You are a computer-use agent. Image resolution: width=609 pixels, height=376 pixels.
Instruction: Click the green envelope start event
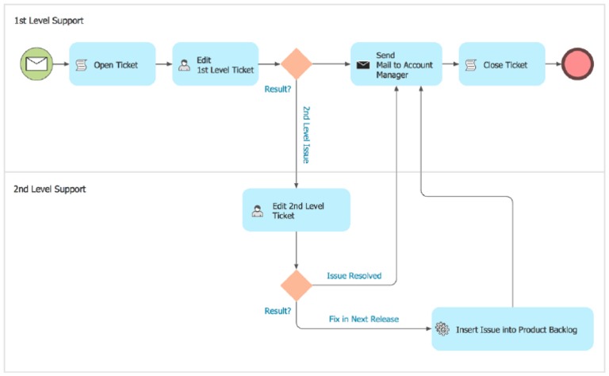(36, 64)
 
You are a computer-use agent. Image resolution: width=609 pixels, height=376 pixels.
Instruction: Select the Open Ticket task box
(112, 64)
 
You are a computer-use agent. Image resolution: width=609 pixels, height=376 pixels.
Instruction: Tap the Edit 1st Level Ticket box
(215, 64)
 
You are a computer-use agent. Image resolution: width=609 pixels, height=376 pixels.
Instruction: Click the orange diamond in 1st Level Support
(297, 64)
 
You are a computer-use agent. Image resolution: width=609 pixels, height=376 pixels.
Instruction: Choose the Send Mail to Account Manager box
(396, 64)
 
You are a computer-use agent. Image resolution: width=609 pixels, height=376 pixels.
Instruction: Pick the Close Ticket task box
(501, 64)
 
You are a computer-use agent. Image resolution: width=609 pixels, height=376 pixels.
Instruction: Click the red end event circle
(577, 64)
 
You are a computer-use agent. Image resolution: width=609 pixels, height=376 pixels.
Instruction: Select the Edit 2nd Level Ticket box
(296, 210)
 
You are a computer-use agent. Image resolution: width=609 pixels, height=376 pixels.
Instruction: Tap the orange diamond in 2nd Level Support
(297, 285)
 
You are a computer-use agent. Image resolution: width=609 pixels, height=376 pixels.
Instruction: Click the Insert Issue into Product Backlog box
(512, 328)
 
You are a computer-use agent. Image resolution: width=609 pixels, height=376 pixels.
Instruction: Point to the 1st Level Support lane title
(48, 20)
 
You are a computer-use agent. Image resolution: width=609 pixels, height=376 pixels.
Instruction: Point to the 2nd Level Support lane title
(50, 190)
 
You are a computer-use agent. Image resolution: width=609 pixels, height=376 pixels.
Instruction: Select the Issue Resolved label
(354, 276)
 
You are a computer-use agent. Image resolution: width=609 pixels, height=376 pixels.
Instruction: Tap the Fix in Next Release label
(363, 319)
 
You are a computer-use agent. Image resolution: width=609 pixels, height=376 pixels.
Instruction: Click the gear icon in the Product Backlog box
(442, 329)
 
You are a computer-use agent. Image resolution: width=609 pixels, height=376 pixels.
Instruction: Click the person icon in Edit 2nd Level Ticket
(257, 211)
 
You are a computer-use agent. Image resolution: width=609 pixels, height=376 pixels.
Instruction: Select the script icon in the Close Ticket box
(470, 65)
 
